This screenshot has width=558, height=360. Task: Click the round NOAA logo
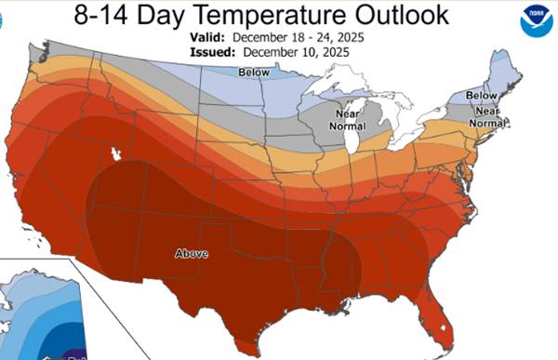(x=535, y=17)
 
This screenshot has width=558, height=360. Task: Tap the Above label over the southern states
(x=192, y=253)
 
